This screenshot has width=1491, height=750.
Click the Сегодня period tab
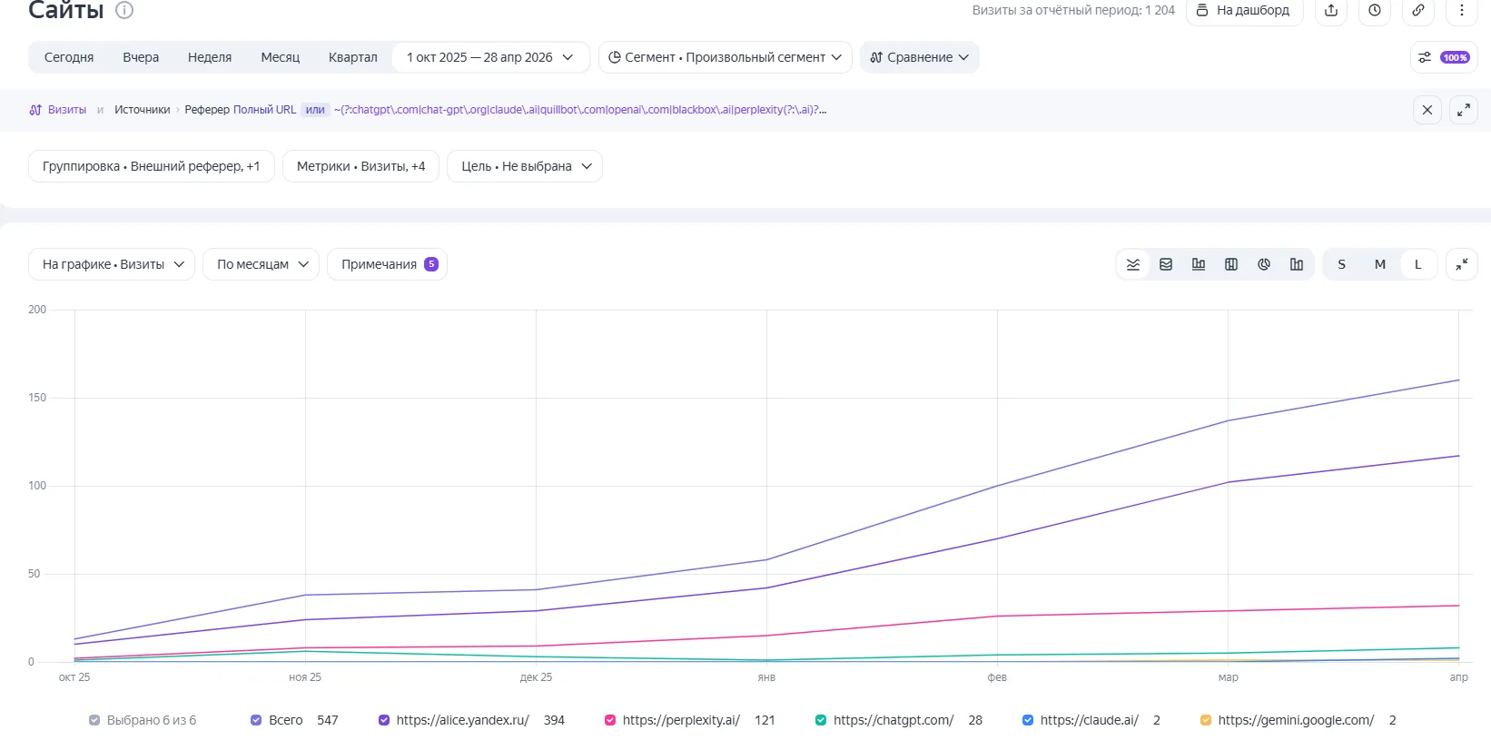coord(69,57)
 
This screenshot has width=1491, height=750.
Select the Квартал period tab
coord(353,57)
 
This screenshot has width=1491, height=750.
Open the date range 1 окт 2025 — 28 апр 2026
coord(490,57)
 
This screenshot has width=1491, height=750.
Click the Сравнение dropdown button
coord(919,57)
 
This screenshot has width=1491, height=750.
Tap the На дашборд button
coord(1244,10)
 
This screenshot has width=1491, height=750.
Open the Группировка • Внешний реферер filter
coord(151,166)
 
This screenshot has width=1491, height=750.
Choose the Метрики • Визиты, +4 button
coord(360,166)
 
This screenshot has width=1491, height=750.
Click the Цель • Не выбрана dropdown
coord(525,166)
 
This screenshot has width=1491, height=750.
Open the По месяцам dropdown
coord(261,264)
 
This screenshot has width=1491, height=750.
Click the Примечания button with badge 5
coord(388,264)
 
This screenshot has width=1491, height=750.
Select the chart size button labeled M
coord(1380,264)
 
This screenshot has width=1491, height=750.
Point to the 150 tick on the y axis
coord(37,398)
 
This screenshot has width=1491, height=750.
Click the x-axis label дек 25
coord(536,676)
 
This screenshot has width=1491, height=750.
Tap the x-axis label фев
coord(996,676)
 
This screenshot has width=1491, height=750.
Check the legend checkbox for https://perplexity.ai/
coord(609,720)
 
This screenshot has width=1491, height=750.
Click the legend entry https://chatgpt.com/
coord(894,720)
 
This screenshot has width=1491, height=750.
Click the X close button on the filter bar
coord(1427,110)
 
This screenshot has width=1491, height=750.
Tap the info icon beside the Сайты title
coord(124,10)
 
